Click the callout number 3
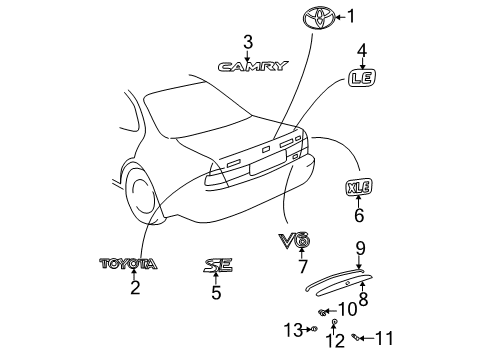tap(247, 41)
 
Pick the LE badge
tap(362, 76)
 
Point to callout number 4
tap(362, 48)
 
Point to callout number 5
tap(216, 293)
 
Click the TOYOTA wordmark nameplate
tap(127, 264)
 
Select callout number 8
tap(363, 297)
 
